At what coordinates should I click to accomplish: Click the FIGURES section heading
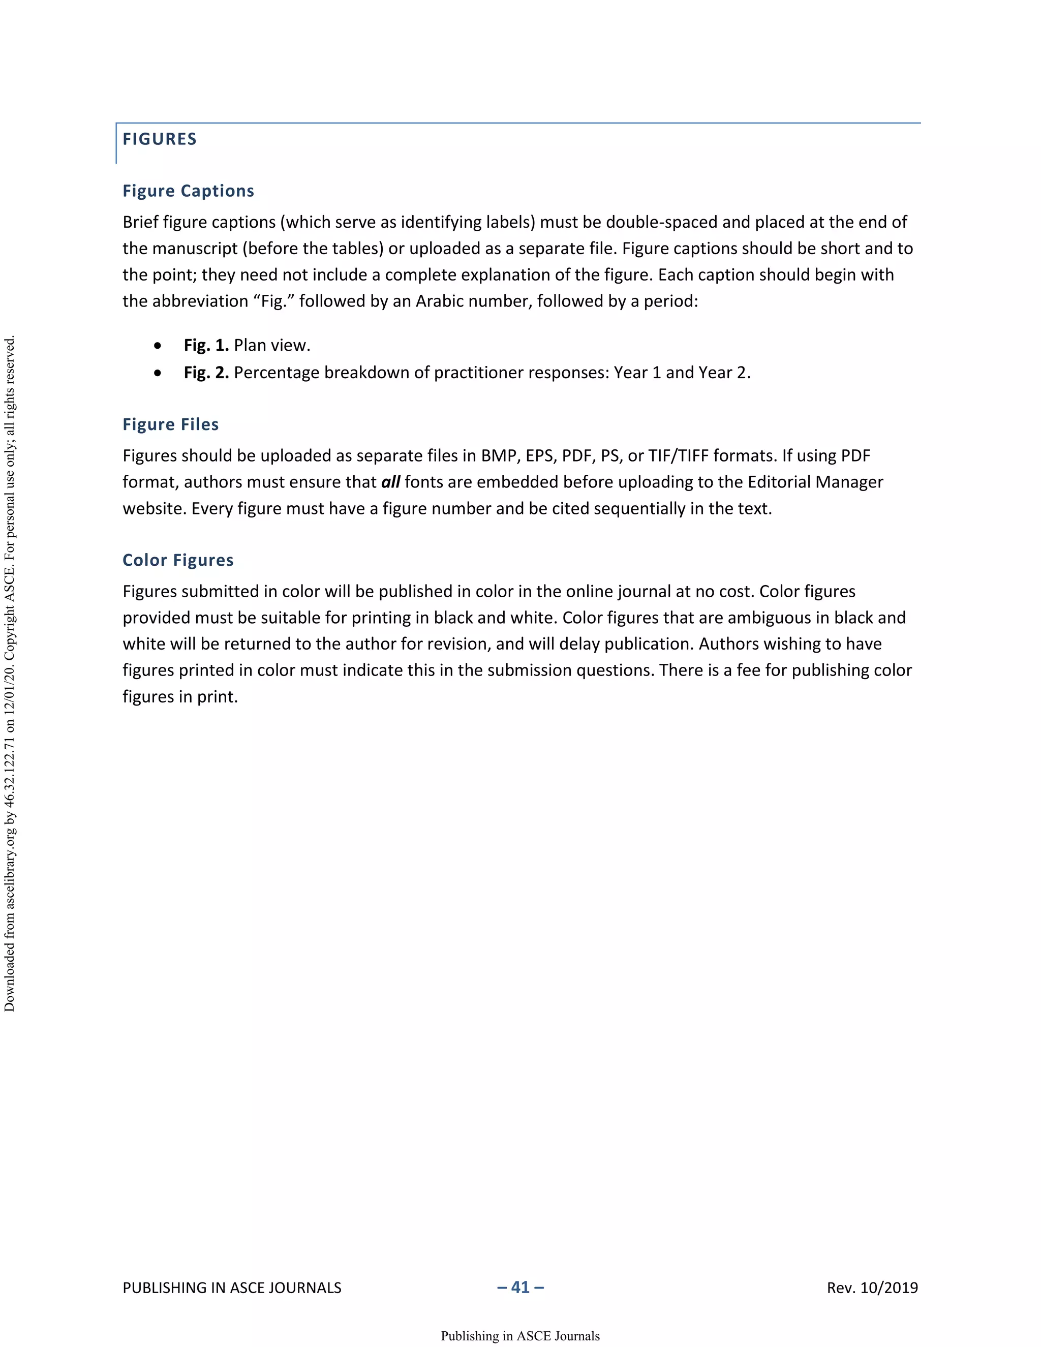coord(159,139)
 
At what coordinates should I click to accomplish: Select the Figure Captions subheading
coord(188,191)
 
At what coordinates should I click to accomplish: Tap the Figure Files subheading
coord(170,425)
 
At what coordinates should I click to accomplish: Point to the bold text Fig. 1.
coord(206,345)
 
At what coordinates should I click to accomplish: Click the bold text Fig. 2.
coord(206,373)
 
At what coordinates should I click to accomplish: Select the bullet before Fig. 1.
coord(159,346)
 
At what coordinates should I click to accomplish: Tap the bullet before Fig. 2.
coord(159,374)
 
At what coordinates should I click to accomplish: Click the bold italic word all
coord(390,482)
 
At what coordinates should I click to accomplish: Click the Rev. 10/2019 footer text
coord(872,1288)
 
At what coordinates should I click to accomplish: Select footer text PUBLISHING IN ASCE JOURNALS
coord(232,1288)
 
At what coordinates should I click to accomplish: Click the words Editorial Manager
coord(815,482)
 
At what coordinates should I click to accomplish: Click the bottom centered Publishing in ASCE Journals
coord(520,1336)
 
